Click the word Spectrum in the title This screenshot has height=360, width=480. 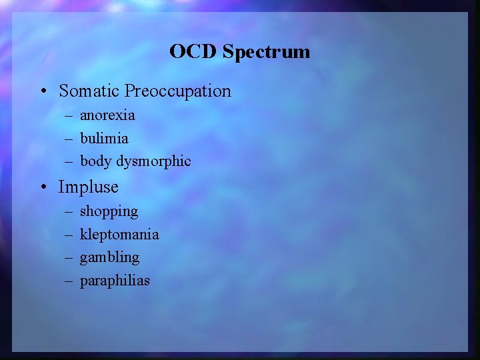(x=267, y=52)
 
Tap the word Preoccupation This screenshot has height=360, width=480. (x=178, y=91)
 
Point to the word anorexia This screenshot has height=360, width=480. (x=107, y=115)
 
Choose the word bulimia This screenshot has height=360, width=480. (x=104, y=138)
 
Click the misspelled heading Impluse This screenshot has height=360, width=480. (x=88, y=187)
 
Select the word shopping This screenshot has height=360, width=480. (x=109, y=212)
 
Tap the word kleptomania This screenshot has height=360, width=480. (x=119, y=235)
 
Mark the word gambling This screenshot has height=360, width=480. (x=109, y=257)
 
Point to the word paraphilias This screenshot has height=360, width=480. (x=115, y=281)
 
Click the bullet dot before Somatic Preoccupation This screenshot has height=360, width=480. (x=43, y=91)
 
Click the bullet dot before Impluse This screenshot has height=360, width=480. (x=43, y=187)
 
